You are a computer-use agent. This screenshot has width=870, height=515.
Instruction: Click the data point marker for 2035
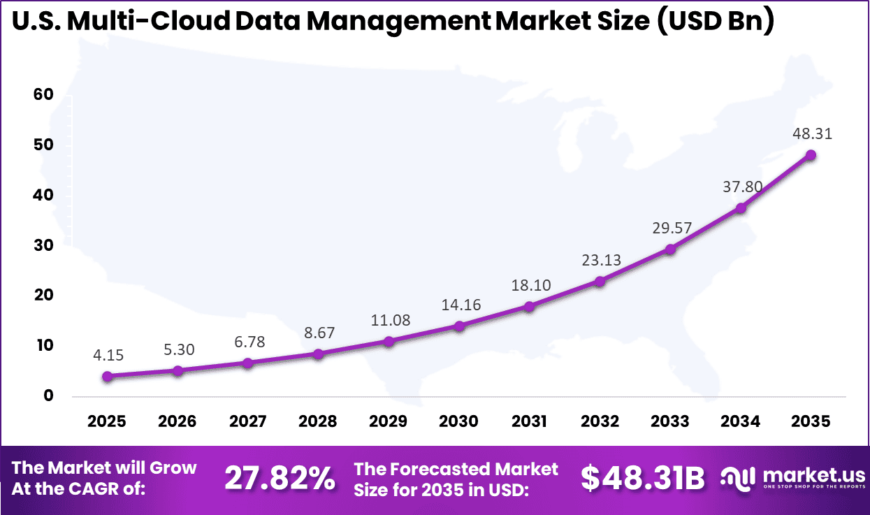811,155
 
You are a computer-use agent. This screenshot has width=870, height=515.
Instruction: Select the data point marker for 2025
108,376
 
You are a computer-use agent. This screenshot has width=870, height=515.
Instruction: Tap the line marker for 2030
459,326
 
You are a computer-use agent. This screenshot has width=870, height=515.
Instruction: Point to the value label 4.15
108,355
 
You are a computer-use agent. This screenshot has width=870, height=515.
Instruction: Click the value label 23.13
601,260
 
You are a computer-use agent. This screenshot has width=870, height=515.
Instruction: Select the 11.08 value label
389,320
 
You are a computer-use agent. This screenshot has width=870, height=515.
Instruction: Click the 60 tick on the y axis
43,95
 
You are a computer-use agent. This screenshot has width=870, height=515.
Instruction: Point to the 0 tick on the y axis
48,396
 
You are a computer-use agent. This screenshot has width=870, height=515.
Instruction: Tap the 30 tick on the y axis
43,245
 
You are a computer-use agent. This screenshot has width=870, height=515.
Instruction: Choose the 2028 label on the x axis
318,421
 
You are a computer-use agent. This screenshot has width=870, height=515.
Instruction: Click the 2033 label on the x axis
669,421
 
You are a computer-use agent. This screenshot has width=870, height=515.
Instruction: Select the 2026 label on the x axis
177,421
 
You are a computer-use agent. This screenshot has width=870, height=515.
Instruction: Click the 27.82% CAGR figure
279,479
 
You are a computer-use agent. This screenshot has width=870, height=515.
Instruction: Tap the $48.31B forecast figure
643,479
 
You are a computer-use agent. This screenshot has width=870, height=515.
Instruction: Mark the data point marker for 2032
600,281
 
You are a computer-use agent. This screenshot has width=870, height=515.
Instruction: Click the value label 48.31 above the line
812,133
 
